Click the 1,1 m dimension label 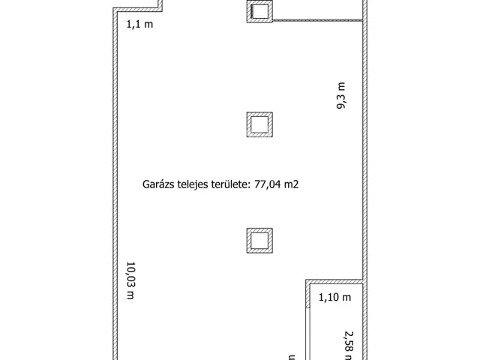[139, 24]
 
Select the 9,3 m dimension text [341, 97]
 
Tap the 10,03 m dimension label [130, 280]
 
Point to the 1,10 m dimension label [334, 298]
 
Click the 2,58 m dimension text [348, 341]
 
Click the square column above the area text [259, 124]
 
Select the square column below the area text [259, 240]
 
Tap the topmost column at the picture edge [259, 10]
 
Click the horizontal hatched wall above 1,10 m [334, 282]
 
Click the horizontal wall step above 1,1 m [139, 10]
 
